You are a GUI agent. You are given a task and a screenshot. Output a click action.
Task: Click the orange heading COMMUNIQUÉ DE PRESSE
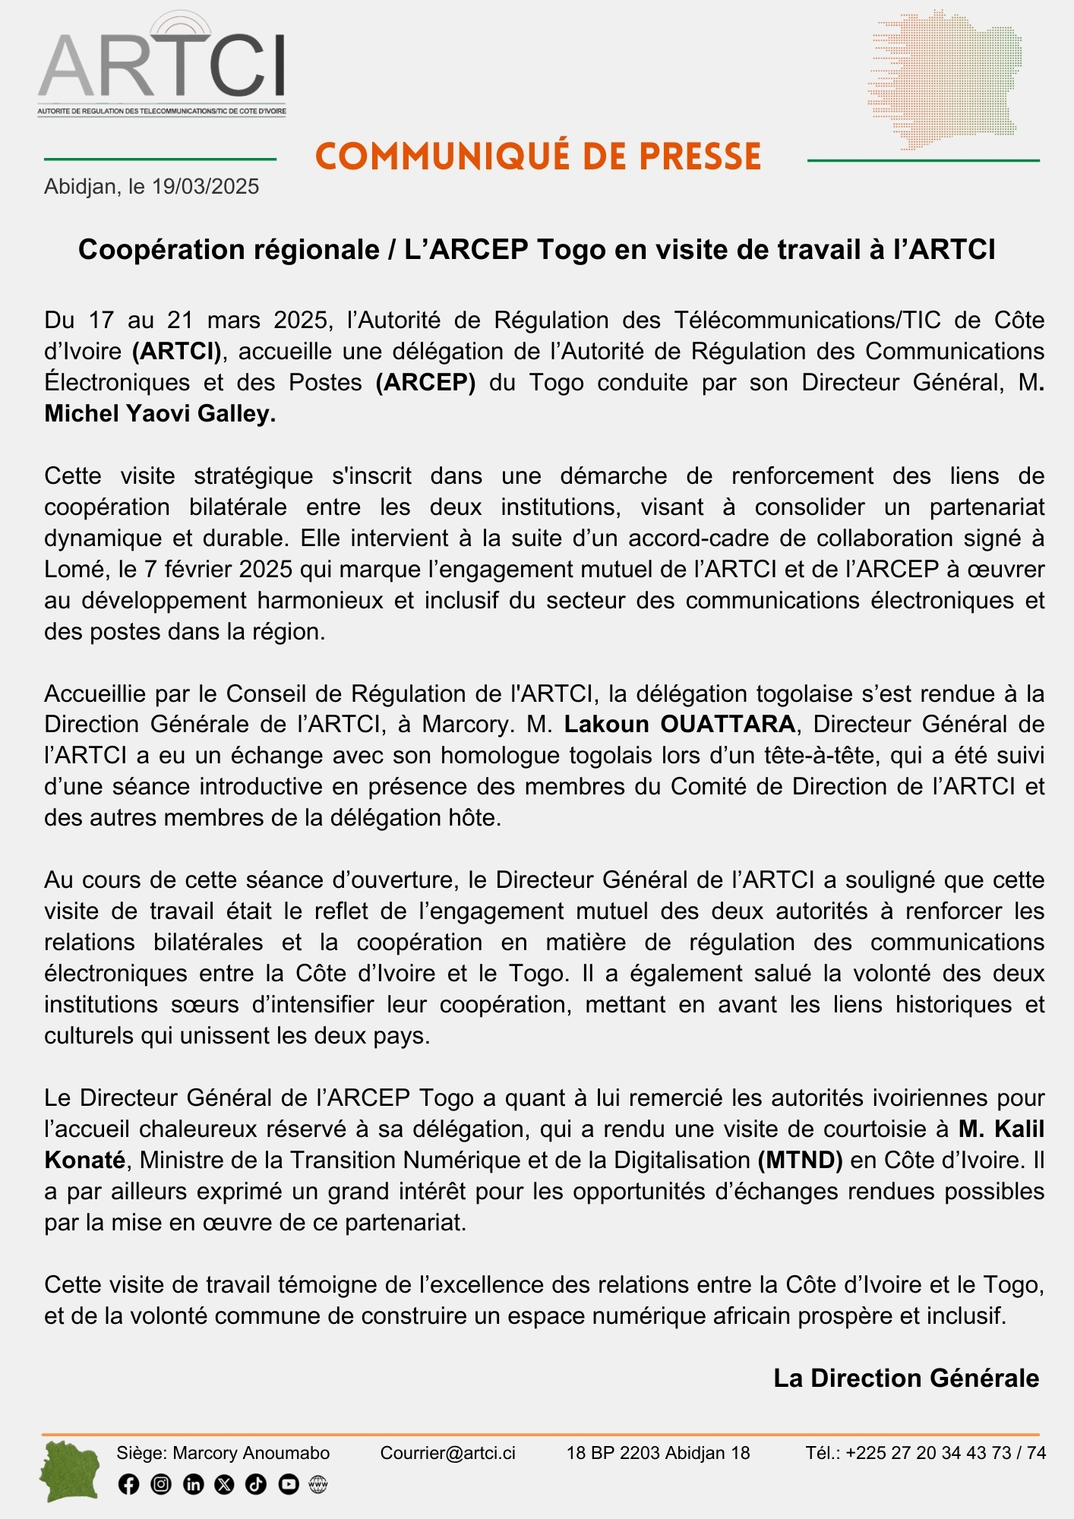[x=538, y=156]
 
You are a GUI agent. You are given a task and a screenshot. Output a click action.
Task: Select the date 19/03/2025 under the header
[x=205, y=187]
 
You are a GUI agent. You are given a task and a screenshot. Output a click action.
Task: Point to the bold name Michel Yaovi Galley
[x=160, y=414]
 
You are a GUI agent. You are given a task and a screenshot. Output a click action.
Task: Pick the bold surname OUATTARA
[x=728, y=725]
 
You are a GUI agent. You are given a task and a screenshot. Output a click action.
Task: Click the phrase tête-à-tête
[x=819, y=756]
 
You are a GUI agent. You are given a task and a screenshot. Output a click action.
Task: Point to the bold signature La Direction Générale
[x=905, y=1378]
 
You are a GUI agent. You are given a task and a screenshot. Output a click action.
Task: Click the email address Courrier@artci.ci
[x=447, y=1453]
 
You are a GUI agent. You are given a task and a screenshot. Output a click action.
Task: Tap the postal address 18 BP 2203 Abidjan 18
[x=658, y=1453]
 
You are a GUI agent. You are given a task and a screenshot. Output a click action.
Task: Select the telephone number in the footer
[x=945, y=1453]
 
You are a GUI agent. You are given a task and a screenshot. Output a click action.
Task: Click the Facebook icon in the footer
[x=129, y=1484]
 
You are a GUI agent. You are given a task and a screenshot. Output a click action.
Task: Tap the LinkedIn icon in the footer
[x=193, y=1484]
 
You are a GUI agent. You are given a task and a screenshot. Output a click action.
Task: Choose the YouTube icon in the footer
[x=289, y=1484]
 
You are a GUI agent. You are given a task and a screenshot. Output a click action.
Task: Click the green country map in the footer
[x=70, y=1471]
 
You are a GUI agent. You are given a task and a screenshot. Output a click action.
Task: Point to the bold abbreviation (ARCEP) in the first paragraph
[x=425, y=383]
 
